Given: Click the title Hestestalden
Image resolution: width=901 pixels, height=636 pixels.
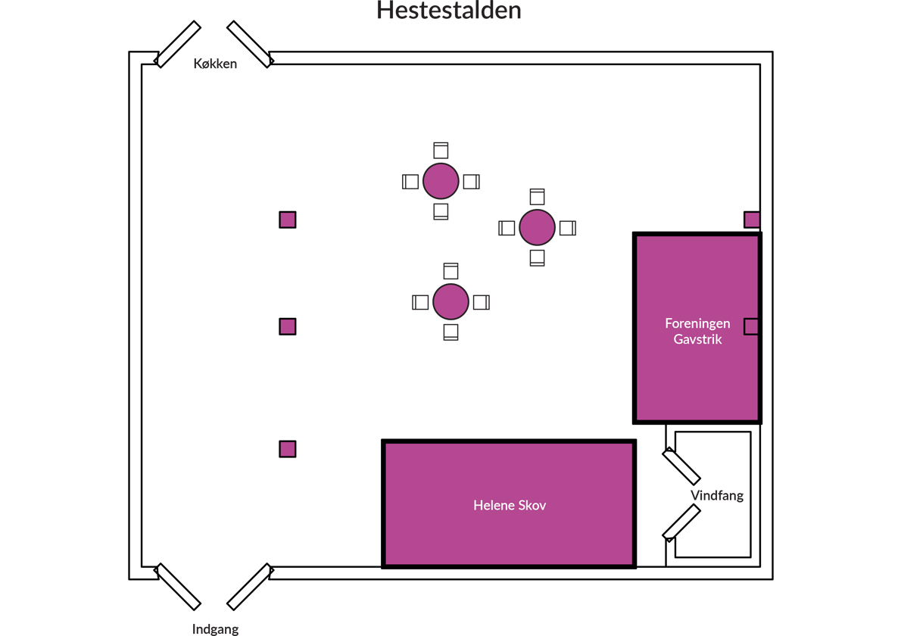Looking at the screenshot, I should tap(449, 11).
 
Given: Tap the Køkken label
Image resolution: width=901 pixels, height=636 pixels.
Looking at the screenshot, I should tap(215, 64).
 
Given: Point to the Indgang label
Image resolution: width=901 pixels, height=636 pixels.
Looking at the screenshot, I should tap(215, 628).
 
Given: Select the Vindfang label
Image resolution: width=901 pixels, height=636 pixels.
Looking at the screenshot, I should tap(717, 496).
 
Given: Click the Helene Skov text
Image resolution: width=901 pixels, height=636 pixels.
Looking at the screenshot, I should tap(510, 505).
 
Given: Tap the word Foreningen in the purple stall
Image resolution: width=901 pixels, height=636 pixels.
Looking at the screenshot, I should tap(697, 323).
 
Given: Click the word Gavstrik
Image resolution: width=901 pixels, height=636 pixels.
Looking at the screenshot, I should tap(697, 339).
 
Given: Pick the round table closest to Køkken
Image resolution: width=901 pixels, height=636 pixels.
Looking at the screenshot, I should tap(441, 182).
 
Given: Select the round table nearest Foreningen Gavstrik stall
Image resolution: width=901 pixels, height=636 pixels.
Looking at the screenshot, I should tap(537, 228).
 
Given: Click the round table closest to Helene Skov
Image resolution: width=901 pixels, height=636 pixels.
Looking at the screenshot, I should tap(450, 302).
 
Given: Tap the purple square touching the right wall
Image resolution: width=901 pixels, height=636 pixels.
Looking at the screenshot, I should tap(752, 220).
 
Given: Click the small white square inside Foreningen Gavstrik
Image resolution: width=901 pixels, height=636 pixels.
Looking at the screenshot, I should tap(751, 326).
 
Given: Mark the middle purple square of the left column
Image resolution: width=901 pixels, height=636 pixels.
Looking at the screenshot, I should tap(287, 326).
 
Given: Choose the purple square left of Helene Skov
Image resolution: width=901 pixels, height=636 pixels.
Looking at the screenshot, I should tap(287, 449).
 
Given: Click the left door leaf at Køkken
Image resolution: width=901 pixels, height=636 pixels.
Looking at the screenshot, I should tap(178, 43).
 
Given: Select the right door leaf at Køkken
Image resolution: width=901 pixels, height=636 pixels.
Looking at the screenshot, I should tap(250, 44).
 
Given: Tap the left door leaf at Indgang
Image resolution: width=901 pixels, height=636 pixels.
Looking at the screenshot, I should tap(178, 587).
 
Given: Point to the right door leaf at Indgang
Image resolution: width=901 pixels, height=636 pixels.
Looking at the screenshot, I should tap(249, 587).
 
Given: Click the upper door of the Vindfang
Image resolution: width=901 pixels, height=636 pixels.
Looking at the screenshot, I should tap(681, 466).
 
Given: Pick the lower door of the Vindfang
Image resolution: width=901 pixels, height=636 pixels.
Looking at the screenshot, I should tap(681, 523).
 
